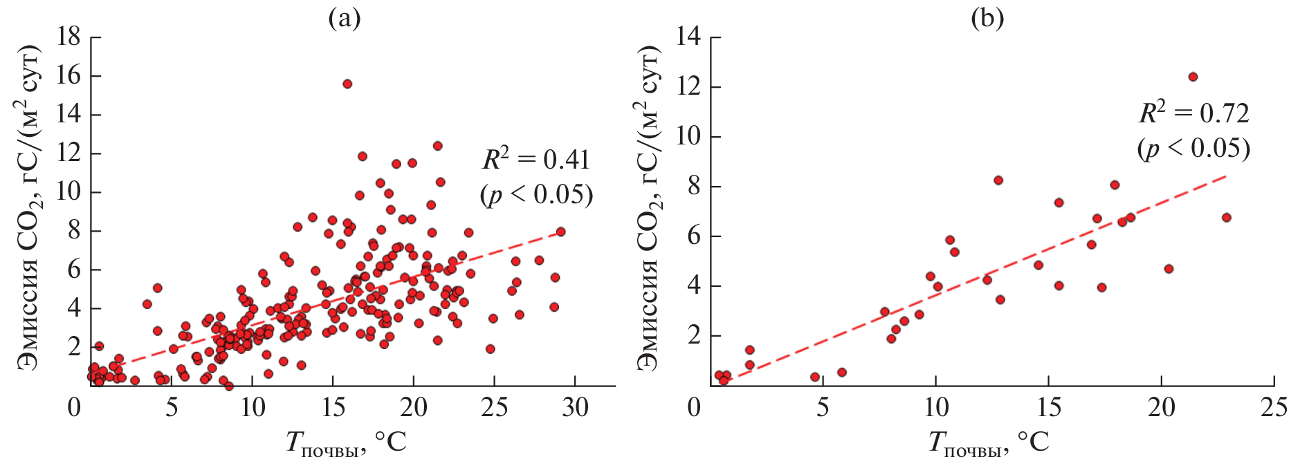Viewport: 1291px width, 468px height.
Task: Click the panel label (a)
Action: pos(345,19)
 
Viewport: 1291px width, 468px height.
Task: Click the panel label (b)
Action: pos(987,19)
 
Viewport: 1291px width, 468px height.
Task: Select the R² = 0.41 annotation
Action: pos(536,160)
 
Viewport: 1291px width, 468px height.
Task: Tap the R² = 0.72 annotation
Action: pos(1194,113)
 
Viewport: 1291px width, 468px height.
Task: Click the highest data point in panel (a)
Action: pos(347,84)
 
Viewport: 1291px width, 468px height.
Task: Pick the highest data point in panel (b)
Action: pos(1193,77)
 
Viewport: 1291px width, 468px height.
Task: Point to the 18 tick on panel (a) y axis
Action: pos(68,37)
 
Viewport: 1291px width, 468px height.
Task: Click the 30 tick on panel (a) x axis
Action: pos(575,407)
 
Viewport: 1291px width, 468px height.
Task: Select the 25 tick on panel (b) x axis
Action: pos(1274,407)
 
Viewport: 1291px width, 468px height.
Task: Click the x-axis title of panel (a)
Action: pos(346,442)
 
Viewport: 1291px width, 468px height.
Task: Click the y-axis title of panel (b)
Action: pos(647,207)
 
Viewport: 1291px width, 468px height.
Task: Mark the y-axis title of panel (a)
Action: pos(28,207)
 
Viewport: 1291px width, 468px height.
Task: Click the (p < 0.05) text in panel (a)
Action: pos(536,196)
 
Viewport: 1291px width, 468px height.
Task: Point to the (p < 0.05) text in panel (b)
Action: pos(1194,149)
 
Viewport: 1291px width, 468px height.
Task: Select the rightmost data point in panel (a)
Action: pos(560,232)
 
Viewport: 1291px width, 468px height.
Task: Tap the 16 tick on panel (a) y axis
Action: pos(68,75)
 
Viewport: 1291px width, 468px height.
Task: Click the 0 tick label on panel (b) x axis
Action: pos(694,407)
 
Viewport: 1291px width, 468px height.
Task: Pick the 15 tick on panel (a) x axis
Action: pos(333,407)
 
